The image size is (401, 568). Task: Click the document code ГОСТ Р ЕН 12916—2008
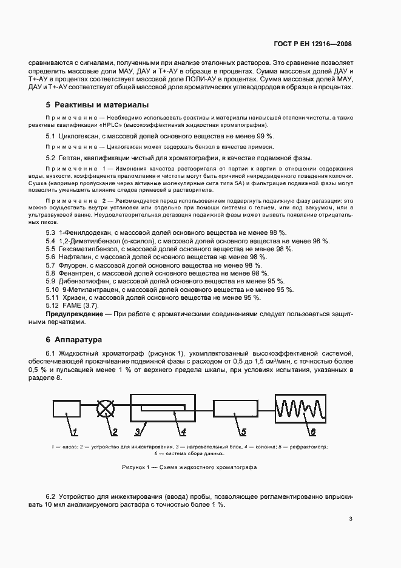[x=313, y=44]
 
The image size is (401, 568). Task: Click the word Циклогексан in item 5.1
[x=78, y=137]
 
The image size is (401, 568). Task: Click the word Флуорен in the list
[x=73, y=265]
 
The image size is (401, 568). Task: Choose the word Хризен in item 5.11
[x=73, y=297]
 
